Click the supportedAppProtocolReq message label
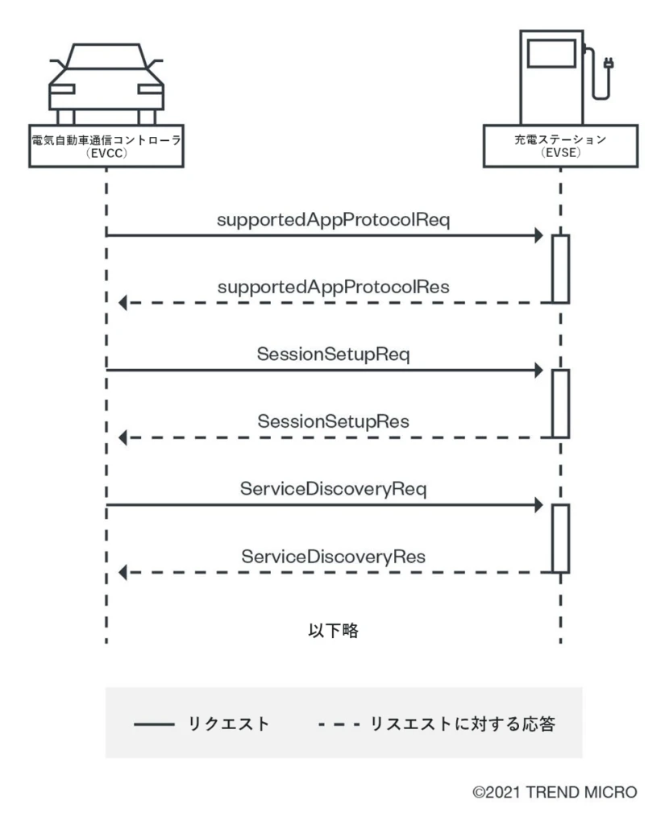pos(332,219)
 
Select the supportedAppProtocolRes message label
pos(332,286)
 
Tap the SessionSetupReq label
pos(332,354)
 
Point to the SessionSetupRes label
pos(332,421)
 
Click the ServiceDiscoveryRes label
pos(332,556)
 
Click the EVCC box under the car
pos(105,146)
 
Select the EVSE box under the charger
pos(561,146)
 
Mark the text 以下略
pos(333,631)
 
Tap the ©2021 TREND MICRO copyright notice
pos(555,792)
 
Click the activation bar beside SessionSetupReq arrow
pos(561,403)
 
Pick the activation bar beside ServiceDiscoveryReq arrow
pos(561,538)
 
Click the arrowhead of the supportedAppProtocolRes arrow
pos(123,303)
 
